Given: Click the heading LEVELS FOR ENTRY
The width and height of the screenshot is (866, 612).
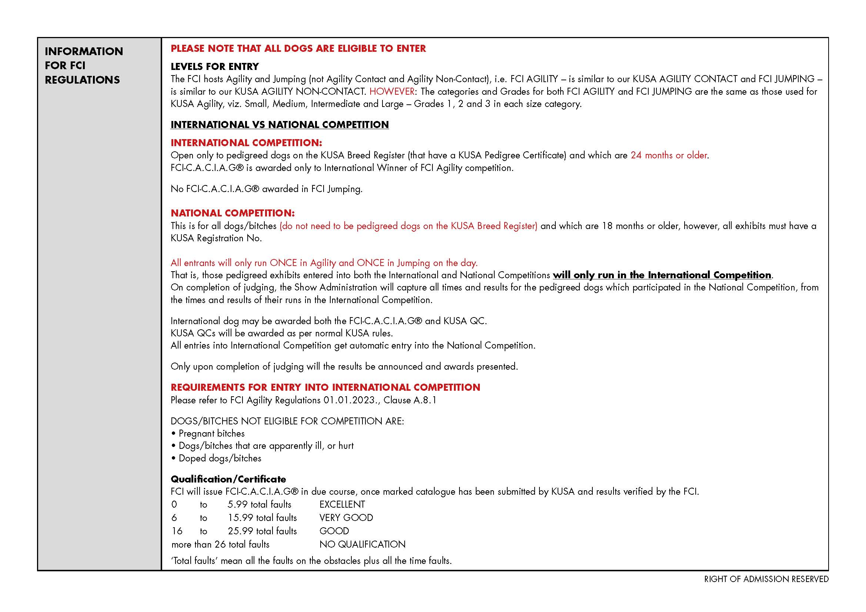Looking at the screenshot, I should coord(215,67).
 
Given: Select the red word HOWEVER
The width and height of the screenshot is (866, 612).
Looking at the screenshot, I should coord(392,91).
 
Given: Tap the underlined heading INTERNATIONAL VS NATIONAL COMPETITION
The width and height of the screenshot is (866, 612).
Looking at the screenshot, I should coord(280,125).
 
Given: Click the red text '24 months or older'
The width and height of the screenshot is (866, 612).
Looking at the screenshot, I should coord(669,155).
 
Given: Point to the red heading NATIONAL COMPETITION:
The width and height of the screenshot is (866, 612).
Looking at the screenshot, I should coord(233,213).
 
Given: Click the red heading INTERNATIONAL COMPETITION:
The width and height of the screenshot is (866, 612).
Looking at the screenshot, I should coord(246,143).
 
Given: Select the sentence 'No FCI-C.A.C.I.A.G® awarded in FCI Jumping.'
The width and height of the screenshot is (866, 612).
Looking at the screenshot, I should coord(266,189).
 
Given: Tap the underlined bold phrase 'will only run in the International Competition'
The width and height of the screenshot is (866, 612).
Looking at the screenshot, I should coord(662,275).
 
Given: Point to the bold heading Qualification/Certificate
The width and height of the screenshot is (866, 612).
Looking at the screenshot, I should coord(228,479).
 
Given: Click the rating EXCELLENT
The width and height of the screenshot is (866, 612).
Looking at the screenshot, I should coord(342,505).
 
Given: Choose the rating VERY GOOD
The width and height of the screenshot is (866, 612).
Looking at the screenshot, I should coord(346,518).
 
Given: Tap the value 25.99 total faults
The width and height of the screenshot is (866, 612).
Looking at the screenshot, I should coord(262,531).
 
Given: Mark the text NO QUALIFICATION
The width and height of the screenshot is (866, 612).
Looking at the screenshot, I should coord(362,545).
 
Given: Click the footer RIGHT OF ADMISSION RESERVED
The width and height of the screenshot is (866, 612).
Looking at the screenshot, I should coord(766,579).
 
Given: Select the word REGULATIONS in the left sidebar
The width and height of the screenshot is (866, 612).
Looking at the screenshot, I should coord(82,80).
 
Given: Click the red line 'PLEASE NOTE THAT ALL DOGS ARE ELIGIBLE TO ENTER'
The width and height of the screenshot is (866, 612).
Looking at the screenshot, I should coord(298,48).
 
